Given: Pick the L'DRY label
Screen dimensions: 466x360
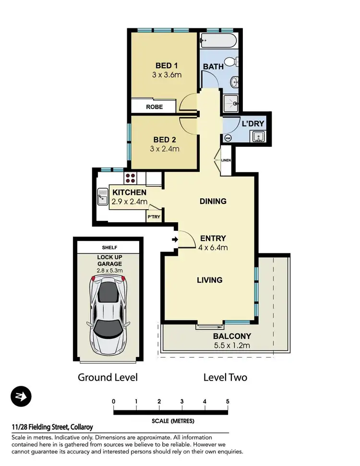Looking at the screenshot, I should [x=252, y=124].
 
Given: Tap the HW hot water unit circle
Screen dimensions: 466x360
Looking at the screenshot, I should [x=228, y=138].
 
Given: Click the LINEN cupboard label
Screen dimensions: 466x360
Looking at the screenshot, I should [x=226, y=160].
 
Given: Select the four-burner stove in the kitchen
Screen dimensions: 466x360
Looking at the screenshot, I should [x=131, y=179].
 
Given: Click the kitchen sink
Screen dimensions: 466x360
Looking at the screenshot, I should [x=102, y=196].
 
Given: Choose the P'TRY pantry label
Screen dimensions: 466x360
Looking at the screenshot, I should [x=154, y=217].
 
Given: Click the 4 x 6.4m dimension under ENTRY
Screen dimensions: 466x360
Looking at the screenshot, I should [x=213, y=248].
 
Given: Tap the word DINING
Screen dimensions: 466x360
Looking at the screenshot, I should [x=213, y=201].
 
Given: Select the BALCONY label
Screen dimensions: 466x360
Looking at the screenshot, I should [x=232, y=336].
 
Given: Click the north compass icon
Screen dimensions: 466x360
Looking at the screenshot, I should [x=21, y=397].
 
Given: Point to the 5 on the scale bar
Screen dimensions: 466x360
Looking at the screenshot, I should [x=228, y=401].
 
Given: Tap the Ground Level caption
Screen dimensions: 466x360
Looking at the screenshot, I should [x=108, y=377].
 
